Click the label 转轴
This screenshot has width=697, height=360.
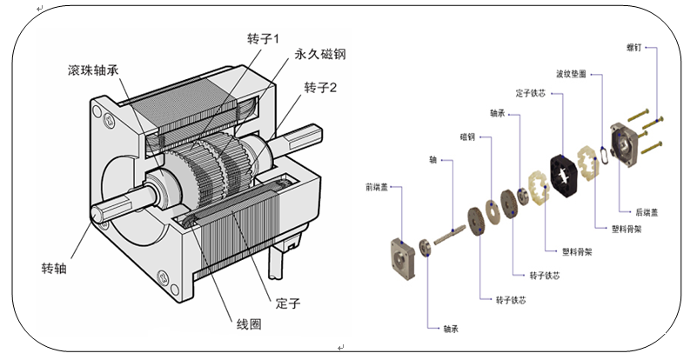point(54,266)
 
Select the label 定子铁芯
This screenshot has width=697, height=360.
point(529,91)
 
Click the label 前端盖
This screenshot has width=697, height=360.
point(377,186)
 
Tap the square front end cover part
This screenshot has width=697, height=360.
point(401,253)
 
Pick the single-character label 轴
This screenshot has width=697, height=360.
point(432,160)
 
